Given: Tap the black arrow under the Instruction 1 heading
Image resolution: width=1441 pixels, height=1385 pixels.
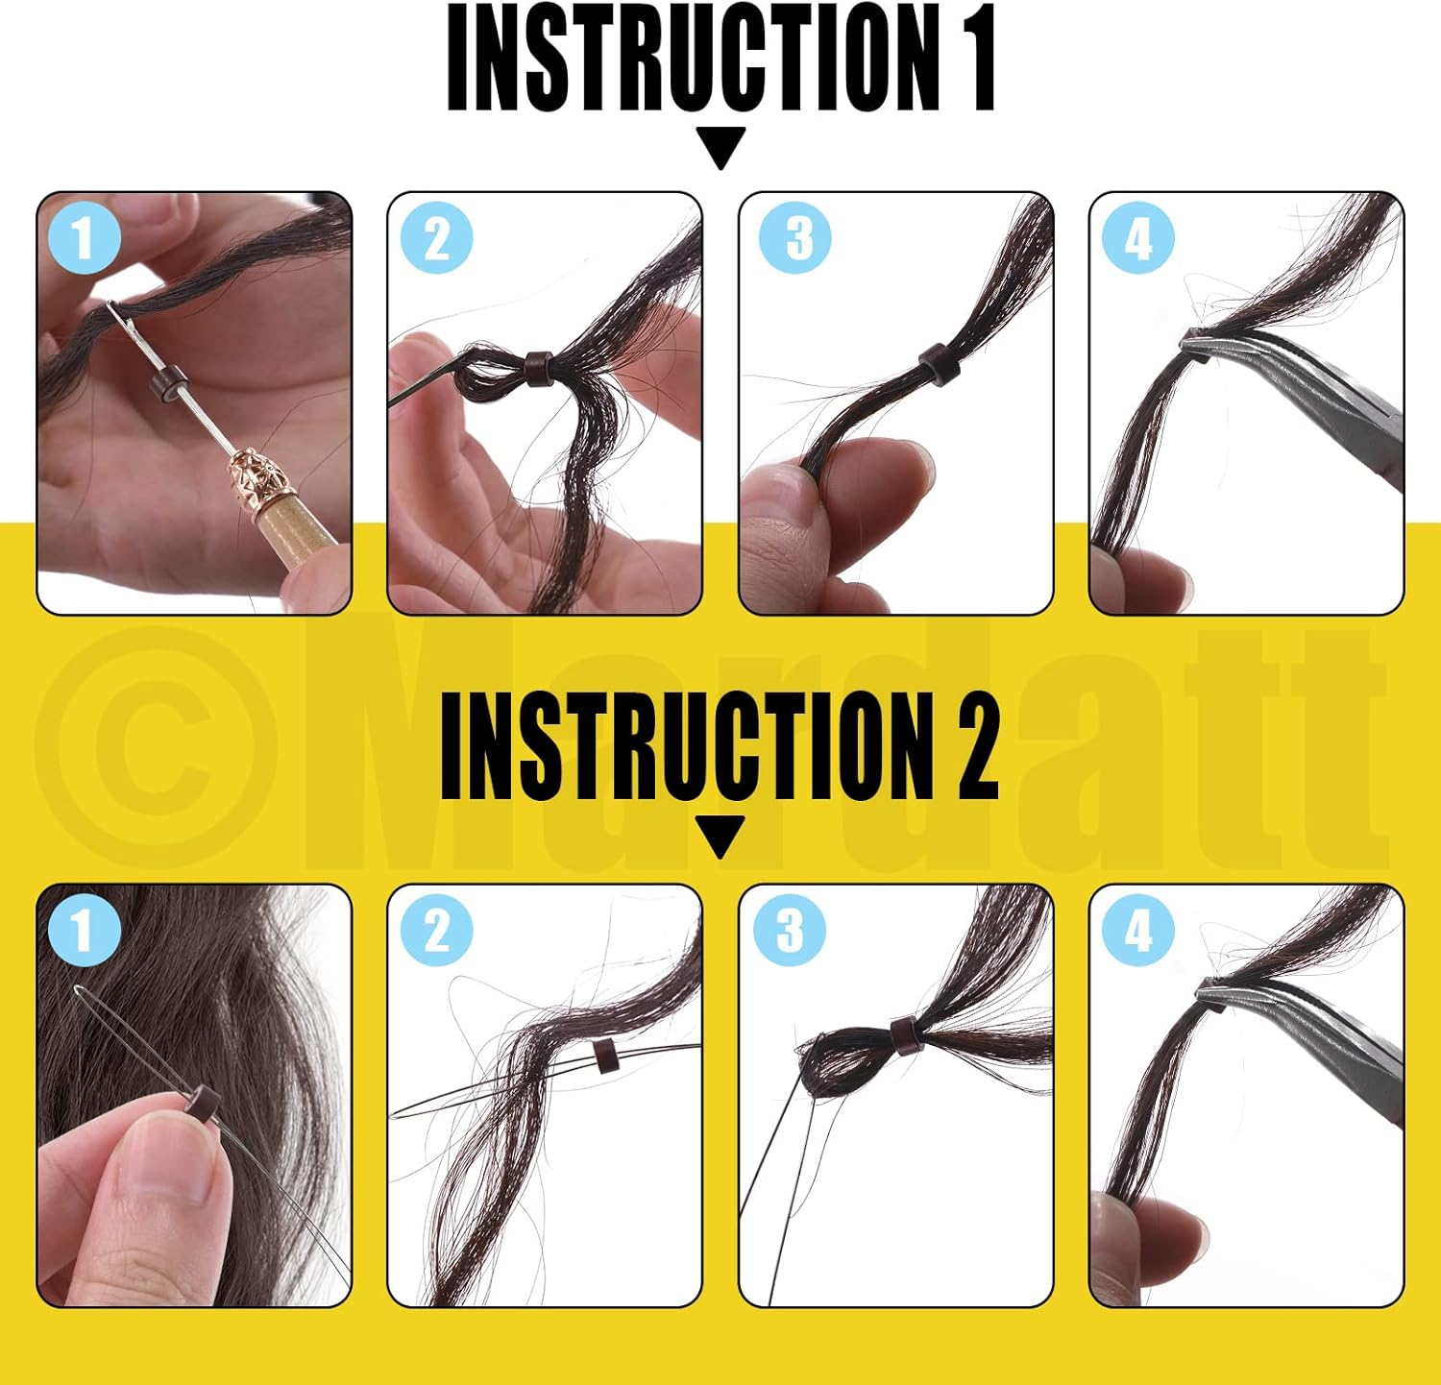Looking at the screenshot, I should (721, 147).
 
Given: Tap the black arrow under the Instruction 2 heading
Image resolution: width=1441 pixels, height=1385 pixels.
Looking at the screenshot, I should (721, 836).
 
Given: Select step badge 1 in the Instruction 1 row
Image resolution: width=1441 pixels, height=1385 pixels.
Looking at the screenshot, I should (83, 238).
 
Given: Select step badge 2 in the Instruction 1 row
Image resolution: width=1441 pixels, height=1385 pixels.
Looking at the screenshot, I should (436, 238).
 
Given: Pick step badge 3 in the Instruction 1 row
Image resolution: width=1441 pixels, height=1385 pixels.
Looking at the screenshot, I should (795, 238).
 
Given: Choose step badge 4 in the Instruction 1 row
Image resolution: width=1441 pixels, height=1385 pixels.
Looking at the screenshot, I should (1138, 238).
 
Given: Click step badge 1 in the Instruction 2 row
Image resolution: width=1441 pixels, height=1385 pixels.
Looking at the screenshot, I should (83, 930).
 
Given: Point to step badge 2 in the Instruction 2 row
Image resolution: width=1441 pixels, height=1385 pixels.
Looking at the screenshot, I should (436, 930).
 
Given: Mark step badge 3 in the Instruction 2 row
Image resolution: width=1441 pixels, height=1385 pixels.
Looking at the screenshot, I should (789, 930).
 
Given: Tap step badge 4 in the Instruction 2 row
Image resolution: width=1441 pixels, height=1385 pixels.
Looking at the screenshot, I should (1138, 930).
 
